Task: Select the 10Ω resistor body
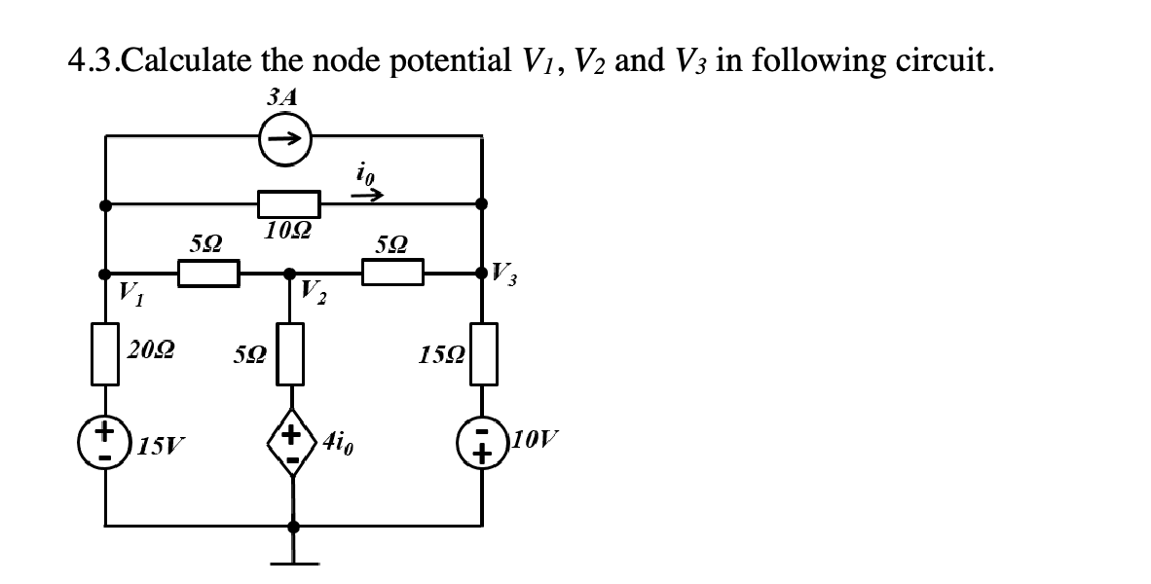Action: (289, 204)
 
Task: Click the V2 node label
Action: (315, 290)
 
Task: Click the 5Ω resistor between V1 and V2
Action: (208, 274)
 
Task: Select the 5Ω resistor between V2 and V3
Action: (393, 274)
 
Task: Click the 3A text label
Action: (280, 96)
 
